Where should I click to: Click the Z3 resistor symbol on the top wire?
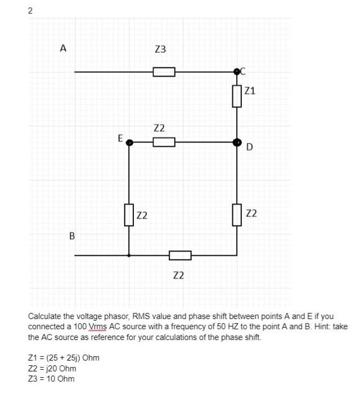pyautogui.click(x=164, y=72)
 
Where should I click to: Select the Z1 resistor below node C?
pyautogui.click(x=237, y=96)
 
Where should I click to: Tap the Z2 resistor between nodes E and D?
pyautogui.click(x=164, y=142)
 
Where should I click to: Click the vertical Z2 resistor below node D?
pyautogui.click(x=237, y=214)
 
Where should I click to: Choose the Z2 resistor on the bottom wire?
pyautogui.click(x=180, y=256)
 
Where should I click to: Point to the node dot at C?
pyautogui.click(x=237, y=71)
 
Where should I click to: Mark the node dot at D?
pyautogui.click(x=237, y=142)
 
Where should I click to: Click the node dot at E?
pyautogui.click(x=129, y=143)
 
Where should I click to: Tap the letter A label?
pyautogui.click(x=63, y=48)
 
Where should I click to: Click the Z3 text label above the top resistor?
pyautogui.click(x=160, y=50)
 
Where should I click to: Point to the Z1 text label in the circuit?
pyautogui.click(x=250, y=90)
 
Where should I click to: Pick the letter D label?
pyautogui.click(x=249, y=147)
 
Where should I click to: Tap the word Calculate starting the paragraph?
pyautogui.click(x=46, y=316)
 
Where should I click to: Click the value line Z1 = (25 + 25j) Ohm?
pyautogui.click(x=64, y=358)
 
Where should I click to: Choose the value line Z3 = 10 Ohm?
pyautogui.click(x=51, y=378)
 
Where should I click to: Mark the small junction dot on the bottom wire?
pyautogui.click(x=129, y=256)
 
